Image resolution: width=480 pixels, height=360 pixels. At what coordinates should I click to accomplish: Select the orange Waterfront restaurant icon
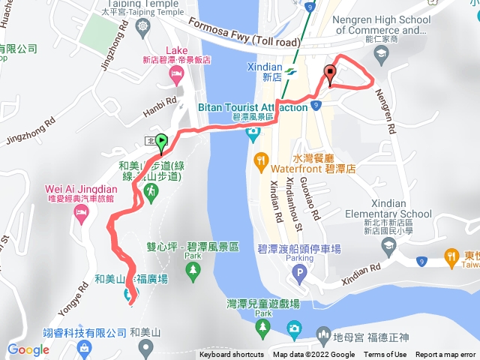261,159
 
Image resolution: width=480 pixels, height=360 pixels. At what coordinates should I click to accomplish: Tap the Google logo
28,349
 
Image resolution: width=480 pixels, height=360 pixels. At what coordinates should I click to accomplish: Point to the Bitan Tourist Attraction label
253,107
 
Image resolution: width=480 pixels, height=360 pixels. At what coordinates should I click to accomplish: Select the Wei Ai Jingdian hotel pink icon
80,214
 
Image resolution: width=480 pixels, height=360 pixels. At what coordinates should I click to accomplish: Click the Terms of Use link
385,355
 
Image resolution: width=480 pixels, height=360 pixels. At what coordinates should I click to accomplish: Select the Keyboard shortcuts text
232,355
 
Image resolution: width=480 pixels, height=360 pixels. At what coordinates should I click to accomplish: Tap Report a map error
446,355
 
